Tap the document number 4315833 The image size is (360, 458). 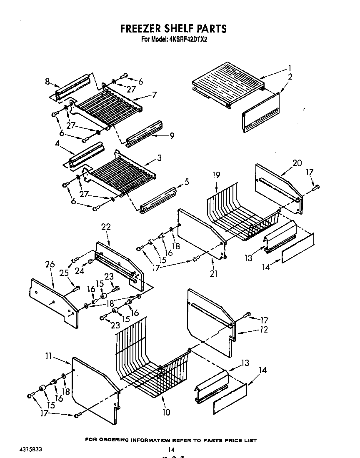pyautogui.click(x=30, y=450)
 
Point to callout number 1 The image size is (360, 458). pyautogui.click(x=289, y=68)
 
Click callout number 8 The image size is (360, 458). pyautogui.click(x=48, y=82)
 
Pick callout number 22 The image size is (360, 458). pyautogui.click(x=106, y=227)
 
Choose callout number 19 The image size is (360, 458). pyautogui.click(x=216, y=176)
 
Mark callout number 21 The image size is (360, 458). pyautogui.click(x=214, y=273)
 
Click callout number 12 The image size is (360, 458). pyautogui.click(x=263, y=329)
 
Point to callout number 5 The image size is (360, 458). pyautogui.click(x=186, y=182)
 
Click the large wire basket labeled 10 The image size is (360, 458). pyautogui.click(x=154, y=367)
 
